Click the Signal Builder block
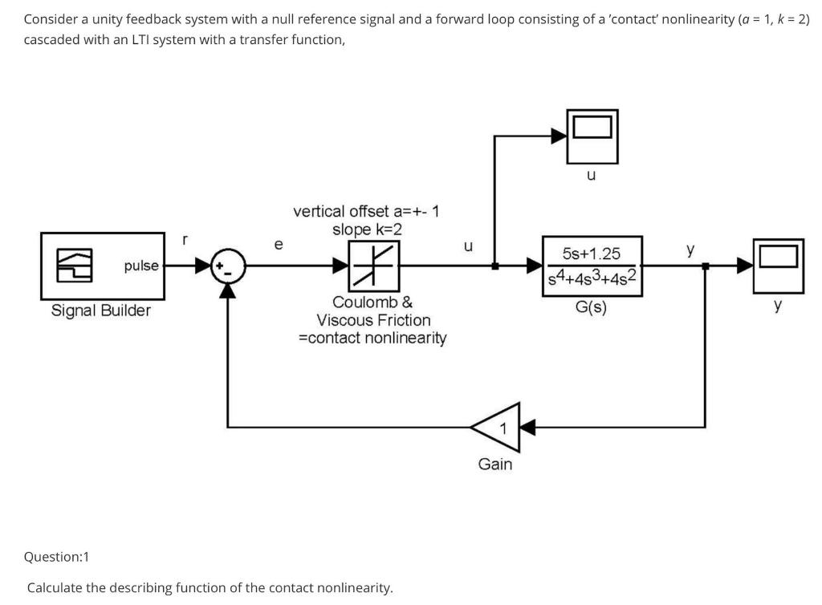(103, 266)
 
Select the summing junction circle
(228, 266)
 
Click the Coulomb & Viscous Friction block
(374, 266)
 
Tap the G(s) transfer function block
(592, 266)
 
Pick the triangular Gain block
(496, 428)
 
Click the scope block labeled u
(592, 136)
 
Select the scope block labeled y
(779, 266)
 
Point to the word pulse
(141, 266)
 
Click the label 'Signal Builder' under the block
(100, 311)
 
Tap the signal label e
(279, 245)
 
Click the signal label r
(184, 241)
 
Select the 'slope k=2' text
(367, 229)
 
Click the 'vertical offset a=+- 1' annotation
(366, 211)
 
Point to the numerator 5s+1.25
(592, 254)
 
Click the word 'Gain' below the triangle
(494, 464)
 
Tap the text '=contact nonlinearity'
(372, 338)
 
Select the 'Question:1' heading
(57, 557)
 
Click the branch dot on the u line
(494, 266)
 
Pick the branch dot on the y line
(705, 266)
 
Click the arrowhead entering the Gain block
(528, 428)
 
